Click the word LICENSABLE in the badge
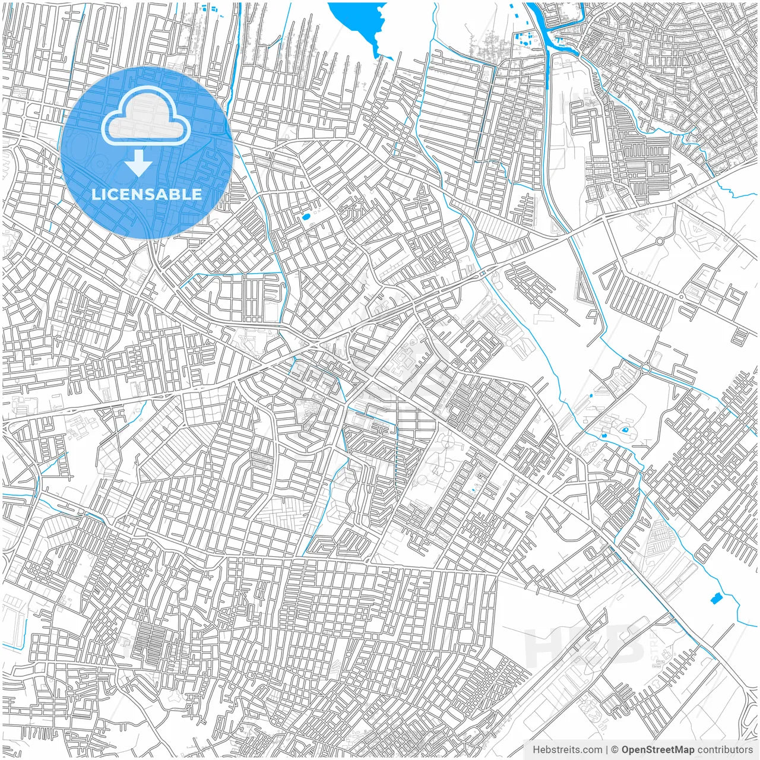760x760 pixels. tap(147, 194)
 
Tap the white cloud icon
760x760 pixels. tap(145, 116)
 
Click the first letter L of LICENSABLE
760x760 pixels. tap(95, 194)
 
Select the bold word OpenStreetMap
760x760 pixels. tap(657, 750)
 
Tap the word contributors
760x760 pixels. tap(724, 750)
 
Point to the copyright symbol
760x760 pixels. tap(615, 750)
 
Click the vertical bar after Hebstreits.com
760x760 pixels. tap(606, 750)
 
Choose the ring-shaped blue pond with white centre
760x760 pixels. tap(625, 429)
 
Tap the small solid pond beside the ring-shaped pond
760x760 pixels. tap(604, 436)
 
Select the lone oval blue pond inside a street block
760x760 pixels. tap(306, 217)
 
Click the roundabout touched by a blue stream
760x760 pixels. tap(645, 368)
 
